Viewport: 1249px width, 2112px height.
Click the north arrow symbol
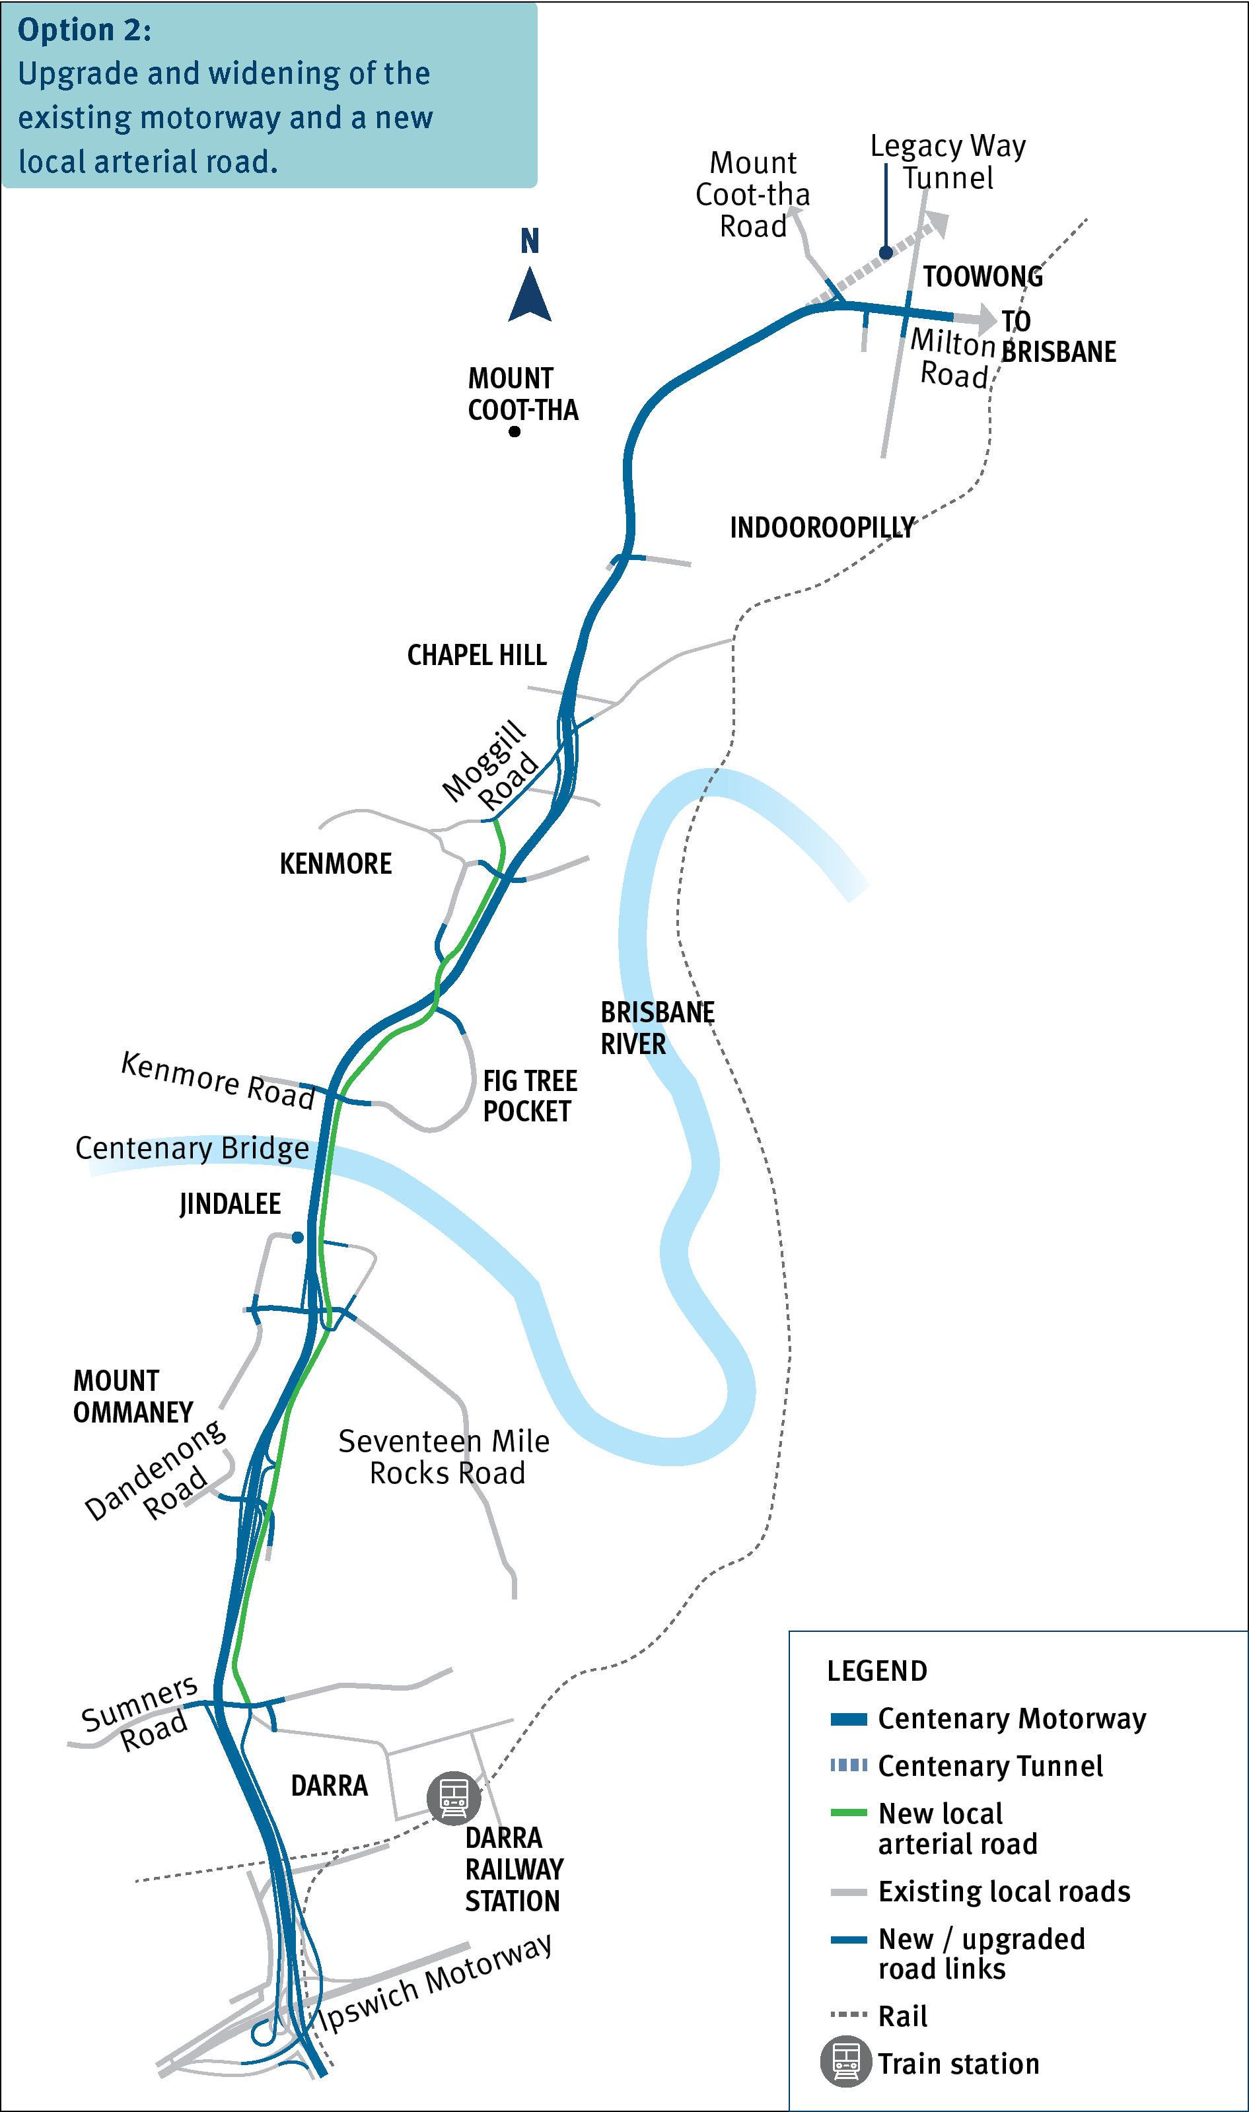530,295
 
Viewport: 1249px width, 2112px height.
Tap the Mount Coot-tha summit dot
515,432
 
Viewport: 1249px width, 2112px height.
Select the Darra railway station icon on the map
454,1797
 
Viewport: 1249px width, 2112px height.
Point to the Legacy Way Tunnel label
948,162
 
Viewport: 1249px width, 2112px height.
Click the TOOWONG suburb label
982,277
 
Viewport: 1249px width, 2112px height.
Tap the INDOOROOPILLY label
822,528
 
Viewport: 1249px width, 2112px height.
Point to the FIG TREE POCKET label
530,1096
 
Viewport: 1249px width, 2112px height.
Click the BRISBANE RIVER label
657,1028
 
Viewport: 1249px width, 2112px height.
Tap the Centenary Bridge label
192,1148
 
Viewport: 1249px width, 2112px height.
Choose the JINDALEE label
230,1204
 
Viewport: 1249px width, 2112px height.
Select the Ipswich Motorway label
435,1983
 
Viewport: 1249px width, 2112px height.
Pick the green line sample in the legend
848,1812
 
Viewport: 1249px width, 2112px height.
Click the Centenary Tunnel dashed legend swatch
848,1765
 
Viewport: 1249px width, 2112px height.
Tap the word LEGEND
877,1671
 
